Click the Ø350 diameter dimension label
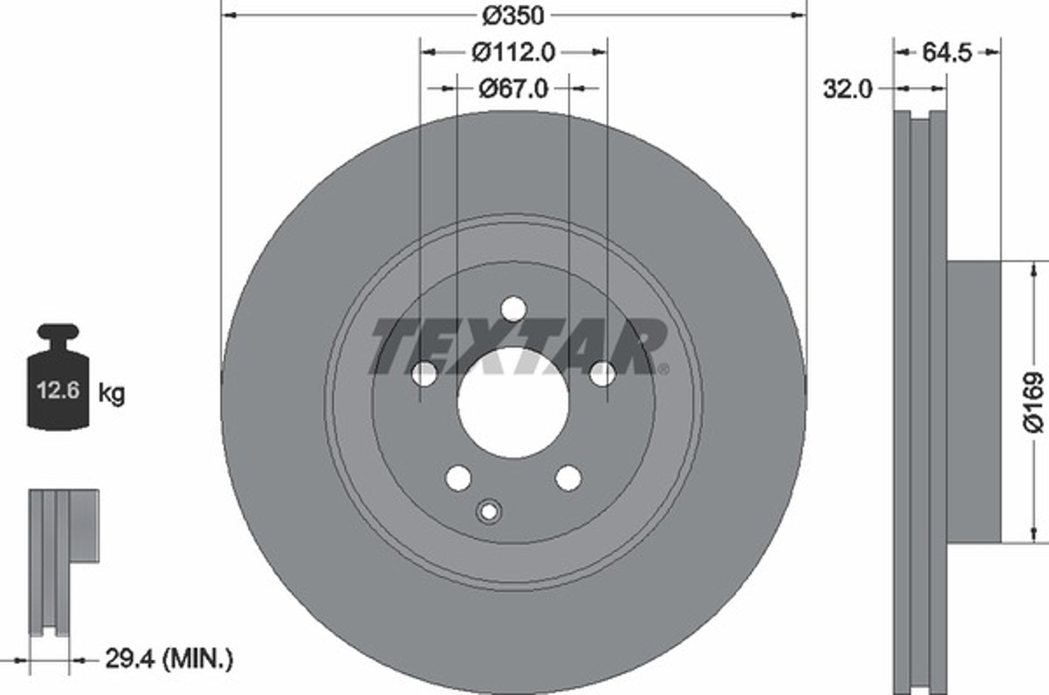coord(513,17)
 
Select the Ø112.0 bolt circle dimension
coord(514,53)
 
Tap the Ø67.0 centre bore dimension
coord(514,89)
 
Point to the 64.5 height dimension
coord(946,53)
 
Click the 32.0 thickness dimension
coord(848,89)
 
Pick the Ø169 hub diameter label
coord(1034,402)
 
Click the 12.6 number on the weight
coord(58,390)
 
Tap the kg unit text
coord(112,393)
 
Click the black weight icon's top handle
coord(58,331)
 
